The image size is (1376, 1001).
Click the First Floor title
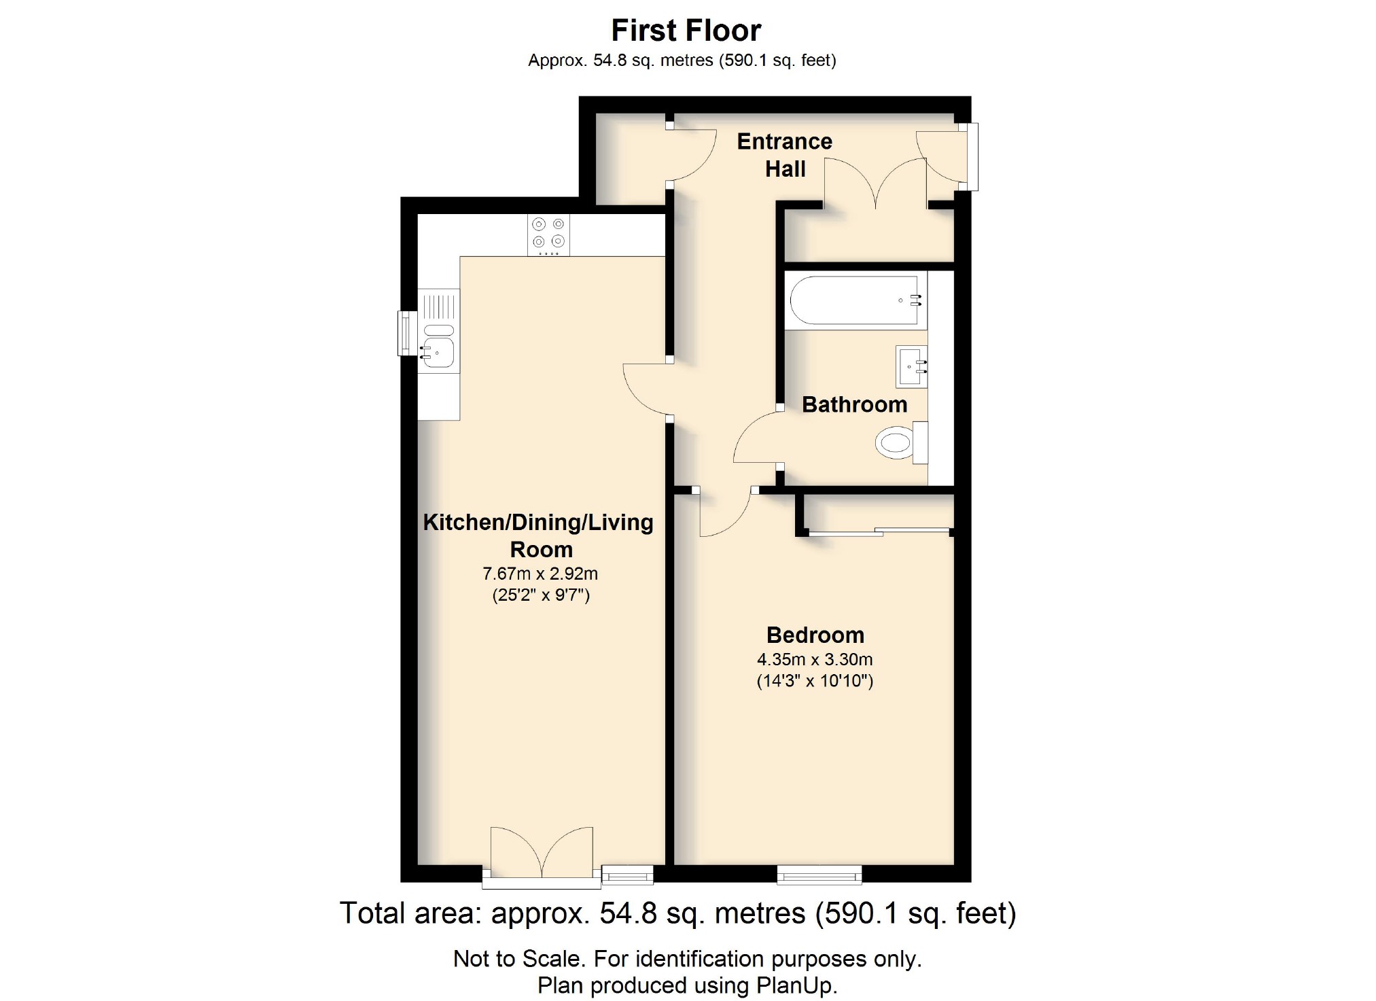point(686,31)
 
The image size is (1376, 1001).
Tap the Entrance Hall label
point(784,155)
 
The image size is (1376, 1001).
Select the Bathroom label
point(854,404)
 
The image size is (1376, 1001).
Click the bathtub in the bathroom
point(855,300)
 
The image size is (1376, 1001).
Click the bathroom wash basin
point(911,367)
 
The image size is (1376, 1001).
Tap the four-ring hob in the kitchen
point(548,234)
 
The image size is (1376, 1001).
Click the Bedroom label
point(815,635)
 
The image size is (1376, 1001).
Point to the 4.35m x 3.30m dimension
point(815,659)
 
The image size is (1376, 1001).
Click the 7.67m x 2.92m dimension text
point(540,574)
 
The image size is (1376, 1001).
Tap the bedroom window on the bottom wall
point(819,875)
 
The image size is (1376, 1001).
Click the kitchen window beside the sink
point(407,333)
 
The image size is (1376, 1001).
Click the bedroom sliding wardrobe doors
point(879,531)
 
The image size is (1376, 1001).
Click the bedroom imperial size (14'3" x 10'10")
point(815,681)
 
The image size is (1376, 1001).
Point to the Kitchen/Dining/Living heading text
point(538,522)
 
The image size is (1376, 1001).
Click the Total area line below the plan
point(677,913)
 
